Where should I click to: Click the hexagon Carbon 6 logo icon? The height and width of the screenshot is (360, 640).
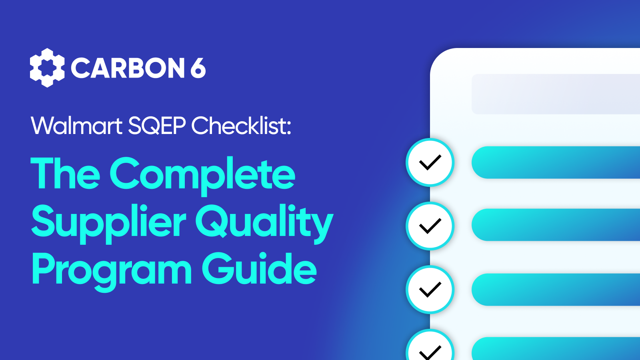coord(47,68)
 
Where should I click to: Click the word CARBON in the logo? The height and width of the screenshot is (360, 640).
coord(128,68)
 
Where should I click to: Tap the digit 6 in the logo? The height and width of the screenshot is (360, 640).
coord(198,68)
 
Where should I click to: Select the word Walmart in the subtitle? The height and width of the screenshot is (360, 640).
coord(76,126)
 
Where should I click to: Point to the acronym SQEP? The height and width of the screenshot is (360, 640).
coord(157,126)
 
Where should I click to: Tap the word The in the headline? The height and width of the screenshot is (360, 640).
coord(65,173)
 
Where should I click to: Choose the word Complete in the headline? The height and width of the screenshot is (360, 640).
coord(202,176)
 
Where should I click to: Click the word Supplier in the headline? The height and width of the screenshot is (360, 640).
coord(108,224)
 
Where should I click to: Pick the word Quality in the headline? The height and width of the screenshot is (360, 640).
coord(264,224)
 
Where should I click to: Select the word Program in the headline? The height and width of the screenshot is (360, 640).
coord(112,272)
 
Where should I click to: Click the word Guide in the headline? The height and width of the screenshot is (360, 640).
coord(260,268)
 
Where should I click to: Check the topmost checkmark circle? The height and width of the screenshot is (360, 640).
coord(430,162)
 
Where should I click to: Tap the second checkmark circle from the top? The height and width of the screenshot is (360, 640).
coord(430,226)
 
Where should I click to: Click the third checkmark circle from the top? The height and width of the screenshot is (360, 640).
coord(430,290)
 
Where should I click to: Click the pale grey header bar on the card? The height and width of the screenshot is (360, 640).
coord(556,94)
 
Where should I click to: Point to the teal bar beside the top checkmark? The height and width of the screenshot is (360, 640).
coord(556,162)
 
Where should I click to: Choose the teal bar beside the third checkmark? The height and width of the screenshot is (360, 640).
coord(556,290)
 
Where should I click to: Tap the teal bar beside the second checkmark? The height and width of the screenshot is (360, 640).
coord(556,225)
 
